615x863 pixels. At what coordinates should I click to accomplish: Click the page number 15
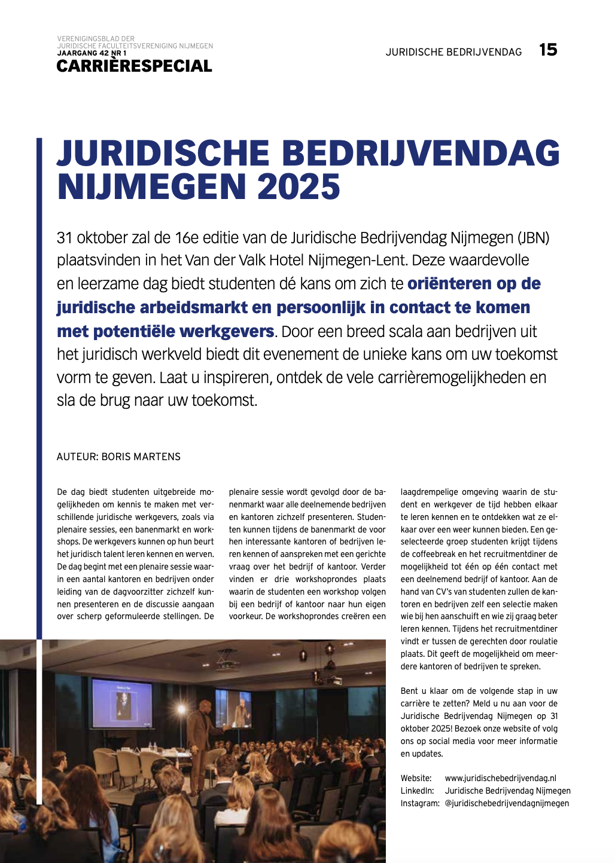click(x=548, y=50)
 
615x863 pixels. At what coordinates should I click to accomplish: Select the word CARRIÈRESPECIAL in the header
click(x=134, y=66)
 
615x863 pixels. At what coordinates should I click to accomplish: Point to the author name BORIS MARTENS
click(x=141, y=457)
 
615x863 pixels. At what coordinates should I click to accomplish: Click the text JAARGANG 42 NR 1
click(x=92, y=53)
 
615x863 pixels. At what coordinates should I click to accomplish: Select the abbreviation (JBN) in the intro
click(x=534, y=238)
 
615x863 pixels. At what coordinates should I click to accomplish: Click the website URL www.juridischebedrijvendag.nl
click(x=500, y=778)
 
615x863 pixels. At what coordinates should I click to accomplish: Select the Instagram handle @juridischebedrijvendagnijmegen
click(x=507, y=803)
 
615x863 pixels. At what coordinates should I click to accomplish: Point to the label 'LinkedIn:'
click(x=417, y=791)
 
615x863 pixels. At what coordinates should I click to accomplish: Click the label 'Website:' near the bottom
click(x=416, y=778)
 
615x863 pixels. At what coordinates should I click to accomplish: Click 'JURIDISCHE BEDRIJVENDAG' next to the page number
click(x=453, y=52)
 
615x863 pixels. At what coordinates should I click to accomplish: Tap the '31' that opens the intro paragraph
click(x=65, y=238)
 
